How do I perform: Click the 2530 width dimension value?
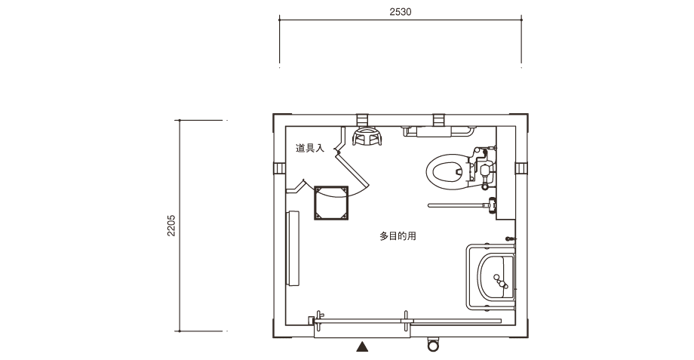(400, 12)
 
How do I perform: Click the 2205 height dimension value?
(172, 226)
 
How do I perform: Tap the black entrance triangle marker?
(363, 347)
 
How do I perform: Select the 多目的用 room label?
(398, 236)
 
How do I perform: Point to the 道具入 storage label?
(309, 149)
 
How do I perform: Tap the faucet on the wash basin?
(501, 285)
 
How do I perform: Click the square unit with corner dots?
(333, 202)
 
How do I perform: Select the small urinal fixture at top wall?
(367, 137)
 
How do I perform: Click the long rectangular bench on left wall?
(293, 248)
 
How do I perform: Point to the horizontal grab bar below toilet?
(456, 205)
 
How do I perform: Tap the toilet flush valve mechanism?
(481, 168)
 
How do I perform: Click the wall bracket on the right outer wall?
(520, 168)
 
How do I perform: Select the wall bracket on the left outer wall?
(278, 168)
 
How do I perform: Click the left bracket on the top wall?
(363, 118)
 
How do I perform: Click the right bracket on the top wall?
(438, 118)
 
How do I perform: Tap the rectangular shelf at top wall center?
(433, 132)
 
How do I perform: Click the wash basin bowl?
(496, 274)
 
